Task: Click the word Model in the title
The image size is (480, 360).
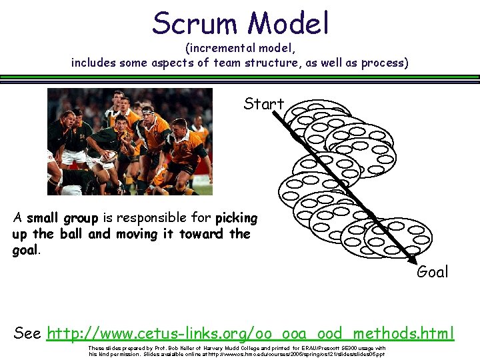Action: [289, 23]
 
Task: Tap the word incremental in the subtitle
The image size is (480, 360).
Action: [226, 49]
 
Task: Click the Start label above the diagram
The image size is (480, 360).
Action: [263, 104]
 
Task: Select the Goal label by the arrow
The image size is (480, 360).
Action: [432, 271]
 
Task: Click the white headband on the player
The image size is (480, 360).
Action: [148, 109]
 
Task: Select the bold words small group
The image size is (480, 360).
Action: [62, 218]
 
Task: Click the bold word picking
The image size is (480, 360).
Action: [236, 218]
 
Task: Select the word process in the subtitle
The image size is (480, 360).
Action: [384, 63]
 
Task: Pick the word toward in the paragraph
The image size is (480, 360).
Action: [204, 234]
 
